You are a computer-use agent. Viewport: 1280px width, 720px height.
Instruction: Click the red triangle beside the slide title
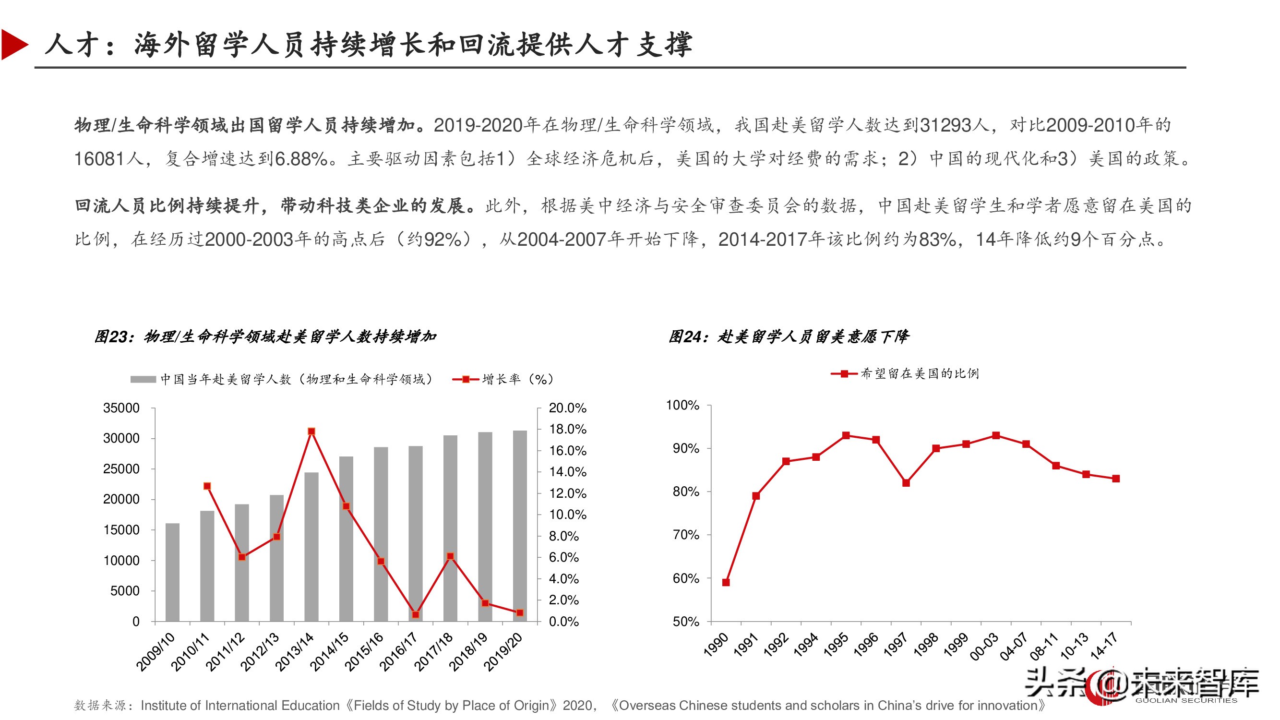13,45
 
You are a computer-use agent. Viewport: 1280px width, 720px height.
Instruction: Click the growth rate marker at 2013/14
311,432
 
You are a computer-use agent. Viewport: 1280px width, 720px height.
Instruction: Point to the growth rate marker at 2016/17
416,615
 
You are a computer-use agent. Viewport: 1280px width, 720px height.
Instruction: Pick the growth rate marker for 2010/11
207,486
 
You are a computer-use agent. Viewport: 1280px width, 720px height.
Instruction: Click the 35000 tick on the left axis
121,408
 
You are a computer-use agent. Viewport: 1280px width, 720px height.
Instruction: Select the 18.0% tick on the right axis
567,429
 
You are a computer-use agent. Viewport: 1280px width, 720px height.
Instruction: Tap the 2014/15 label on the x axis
329,651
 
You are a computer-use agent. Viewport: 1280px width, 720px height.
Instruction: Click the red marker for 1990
726,582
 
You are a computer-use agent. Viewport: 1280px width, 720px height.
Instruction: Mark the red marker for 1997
906,482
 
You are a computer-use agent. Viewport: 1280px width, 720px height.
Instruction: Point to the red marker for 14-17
1115,479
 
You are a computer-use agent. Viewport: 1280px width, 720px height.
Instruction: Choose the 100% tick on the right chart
682,406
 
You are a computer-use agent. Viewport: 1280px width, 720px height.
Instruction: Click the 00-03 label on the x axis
984,647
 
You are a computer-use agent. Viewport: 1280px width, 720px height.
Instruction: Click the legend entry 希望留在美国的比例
919,373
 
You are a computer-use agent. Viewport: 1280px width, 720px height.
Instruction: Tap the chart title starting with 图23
265,337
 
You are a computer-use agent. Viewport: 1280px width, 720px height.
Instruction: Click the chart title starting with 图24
788,337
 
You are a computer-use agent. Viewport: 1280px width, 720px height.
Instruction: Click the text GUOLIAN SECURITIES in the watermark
1185,701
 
